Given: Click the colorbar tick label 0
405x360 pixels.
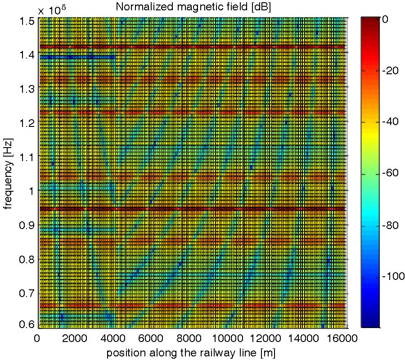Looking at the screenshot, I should (x=386, y=19).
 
